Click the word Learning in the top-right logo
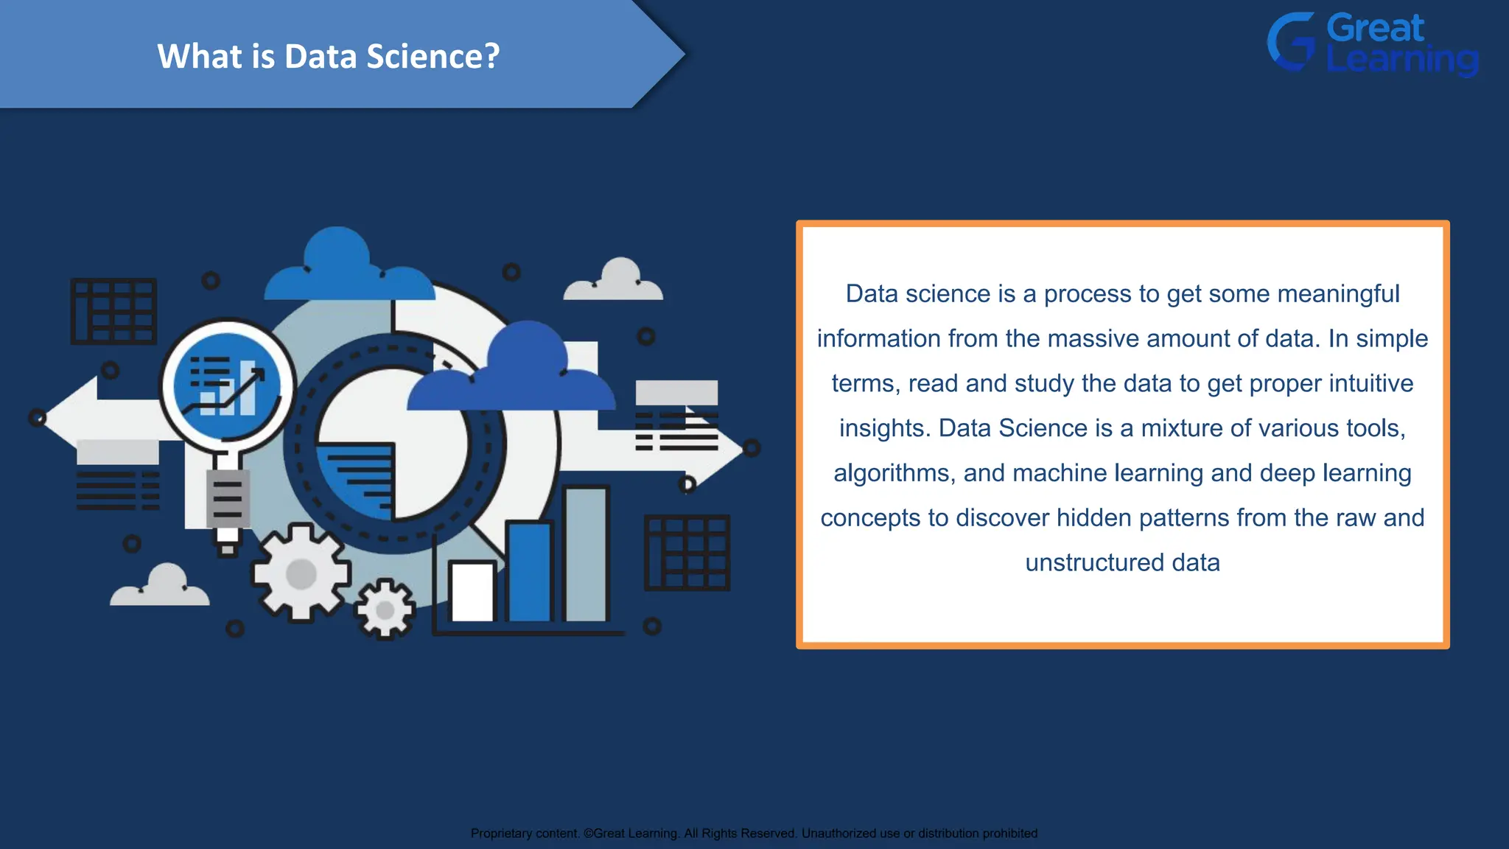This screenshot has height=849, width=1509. point(1402,60)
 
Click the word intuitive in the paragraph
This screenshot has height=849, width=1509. point(1371,384)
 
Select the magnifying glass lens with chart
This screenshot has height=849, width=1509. point(227,385)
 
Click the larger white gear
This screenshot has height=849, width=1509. point(301,573)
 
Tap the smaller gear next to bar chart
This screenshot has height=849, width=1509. point(385,609)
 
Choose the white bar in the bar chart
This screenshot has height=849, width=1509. point(472,592)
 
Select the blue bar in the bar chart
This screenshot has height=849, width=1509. point(529,571)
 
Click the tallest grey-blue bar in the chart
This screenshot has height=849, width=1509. point(586,554)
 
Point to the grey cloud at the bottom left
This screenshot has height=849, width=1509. point(161,587)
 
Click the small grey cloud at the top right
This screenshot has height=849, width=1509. point(614,281)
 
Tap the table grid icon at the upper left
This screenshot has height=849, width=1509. point(113,311)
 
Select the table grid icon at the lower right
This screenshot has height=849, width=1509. point(687,553)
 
